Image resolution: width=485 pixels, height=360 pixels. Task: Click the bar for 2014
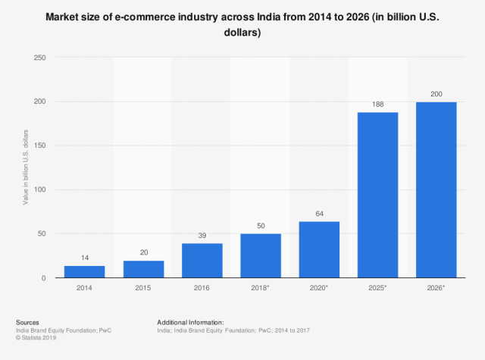click(84, 271)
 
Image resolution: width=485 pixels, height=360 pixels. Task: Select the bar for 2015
click(142, 269)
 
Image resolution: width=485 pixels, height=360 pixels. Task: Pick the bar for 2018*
click(260, 255)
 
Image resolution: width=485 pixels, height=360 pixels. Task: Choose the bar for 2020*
click(319, 249)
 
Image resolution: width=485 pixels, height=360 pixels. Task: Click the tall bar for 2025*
click(377, 195)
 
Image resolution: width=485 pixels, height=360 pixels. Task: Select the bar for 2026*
click(436, 189)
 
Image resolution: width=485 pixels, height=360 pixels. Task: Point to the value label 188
click(377, 105)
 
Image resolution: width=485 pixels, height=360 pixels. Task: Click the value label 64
click(319, 214)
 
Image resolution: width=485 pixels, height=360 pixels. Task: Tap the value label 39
click(202, 236)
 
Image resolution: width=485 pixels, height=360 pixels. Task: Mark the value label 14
click(84, 258)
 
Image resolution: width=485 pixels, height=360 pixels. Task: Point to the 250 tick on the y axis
click(39, 58)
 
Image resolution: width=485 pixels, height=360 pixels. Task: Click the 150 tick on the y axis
click(39, 146)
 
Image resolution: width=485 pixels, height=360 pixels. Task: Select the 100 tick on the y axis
click(39, 189)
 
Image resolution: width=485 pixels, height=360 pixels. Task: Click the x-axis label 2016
click(202, 289)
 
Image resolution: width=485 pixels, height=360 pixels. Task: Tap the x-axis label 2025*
click(378, 289)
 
